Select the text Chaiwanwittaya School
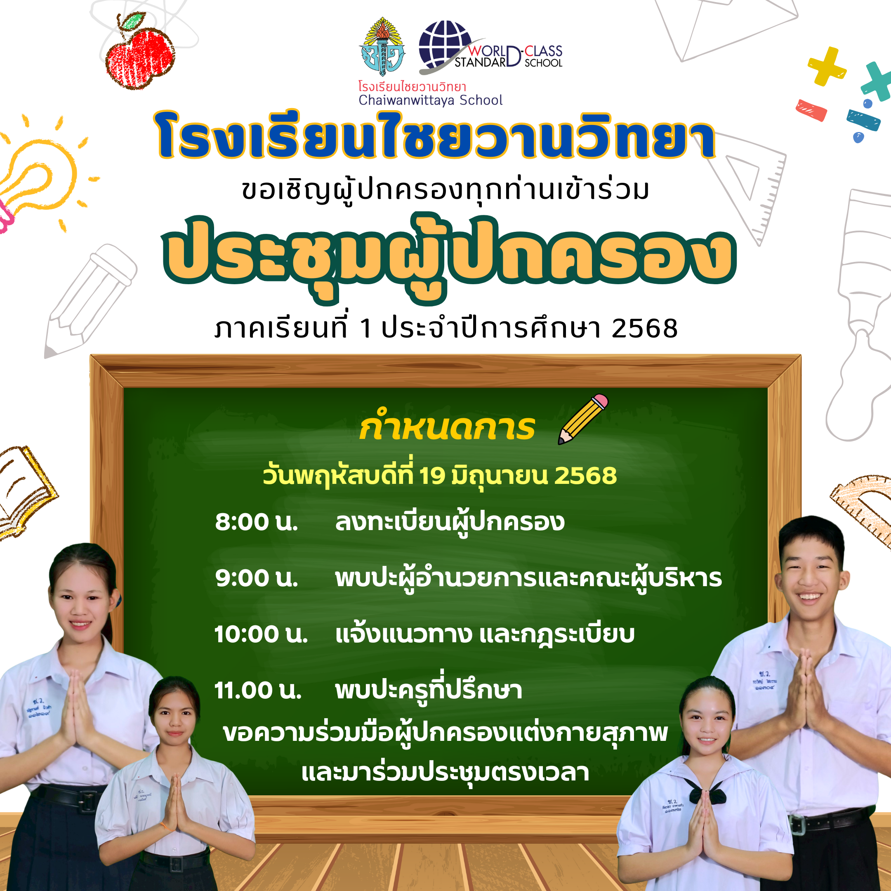(430, 100)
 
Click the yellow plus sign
(826, 66)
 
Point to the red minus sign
(811, 110)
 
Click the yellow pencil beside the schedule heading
(583, 419)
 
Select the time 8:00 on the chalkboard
(242, 523)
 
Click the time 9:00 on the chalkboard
(242, 578)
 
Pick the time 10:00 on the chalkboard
(246, 634)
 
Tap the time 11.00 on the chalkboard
(243, 691)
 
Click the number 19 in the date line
(431, 476)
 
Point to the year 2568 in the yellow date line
(585, 476)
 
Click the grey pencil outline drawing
(90, 300)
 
